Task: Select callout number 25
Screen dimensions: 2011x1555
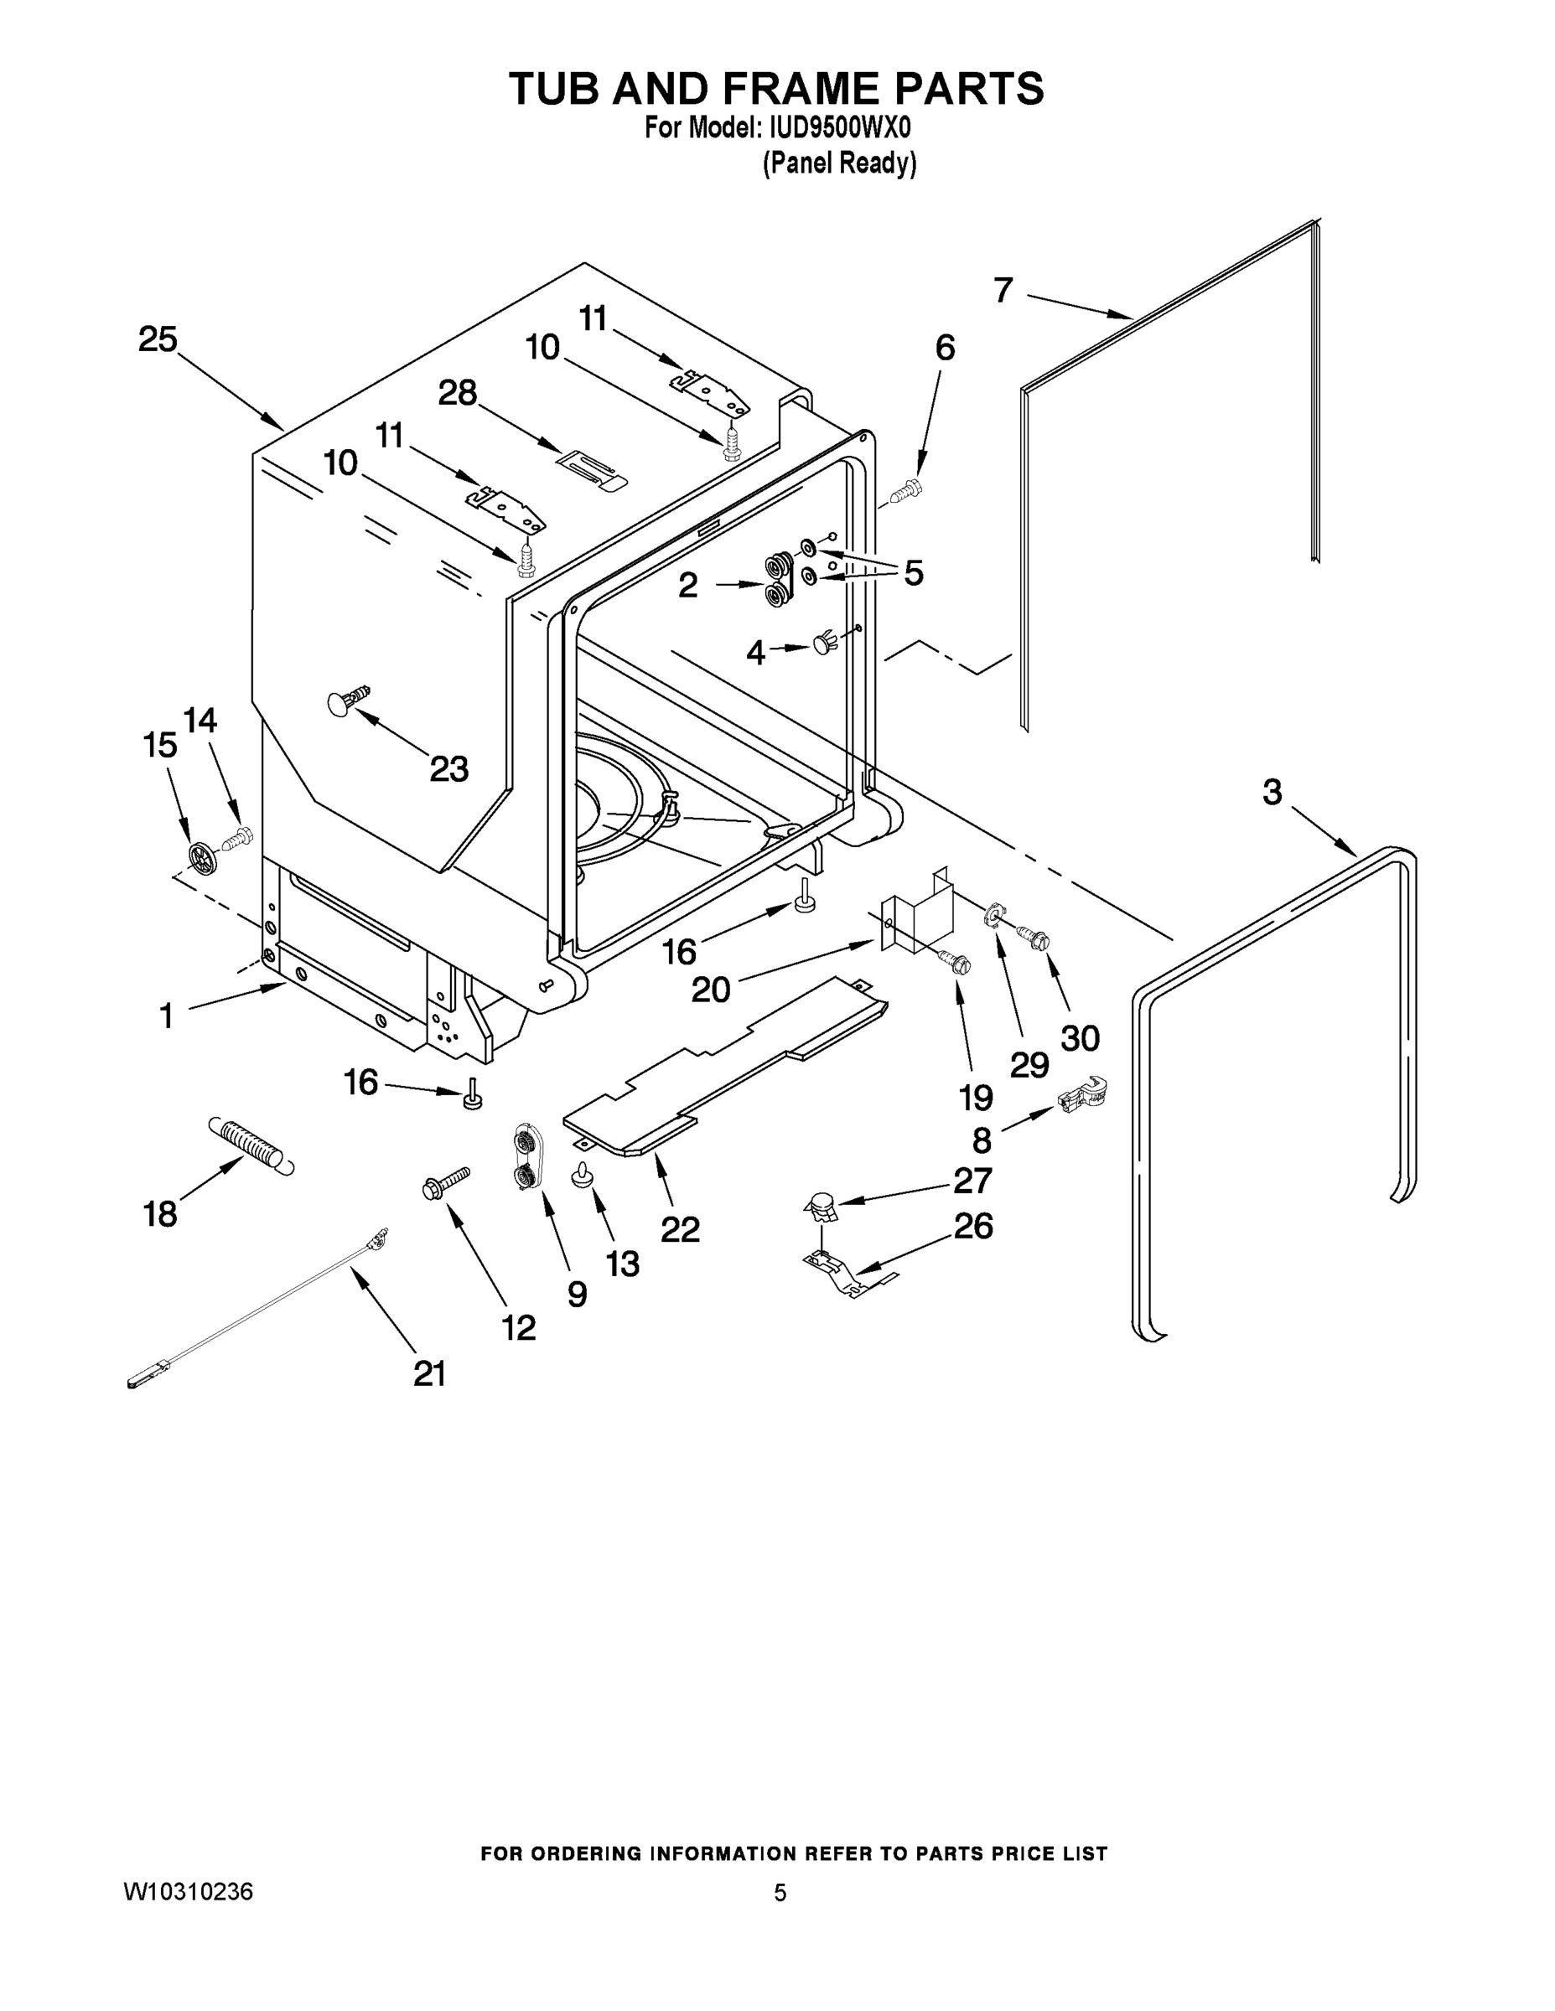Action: pos(158,339)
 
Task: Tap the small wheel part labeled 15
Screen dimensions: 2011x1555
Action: pos(201,857)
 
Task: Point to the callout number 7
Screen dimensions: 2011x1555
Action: pos(1003,290)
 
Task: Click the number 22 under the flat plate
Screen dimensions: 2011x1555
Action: pos(680,1228)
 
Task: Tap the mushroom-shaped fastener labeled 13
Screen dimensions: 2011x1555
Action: pos(583,1174)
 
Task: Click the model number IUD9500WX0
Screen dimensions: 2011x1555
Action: pos(839,127)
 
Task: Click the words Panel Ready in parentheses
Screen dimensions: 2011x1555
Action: pos(838,164)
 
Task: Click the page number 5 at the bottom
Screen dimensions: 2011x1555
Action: pos(780,1893)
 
